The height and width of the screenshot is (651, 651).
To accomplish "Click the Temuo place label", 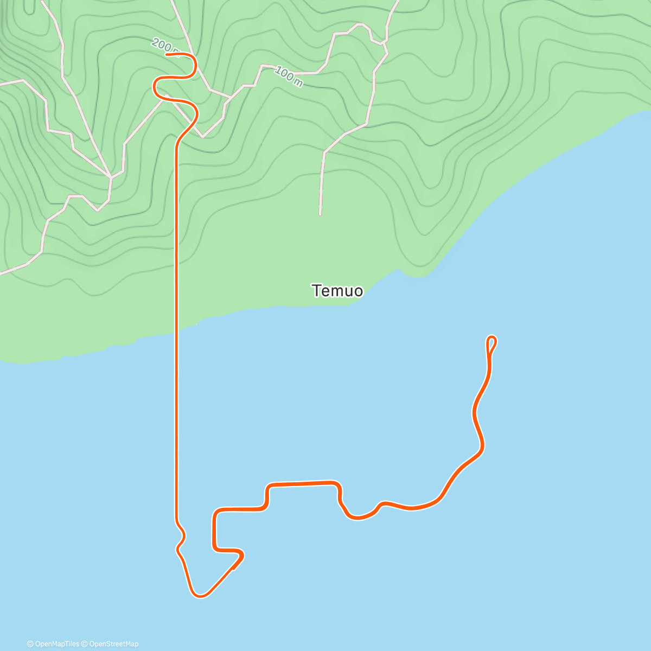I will tap(337, 291).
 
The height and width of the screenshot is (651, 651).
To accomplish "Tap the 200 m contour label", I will tap(163, 46).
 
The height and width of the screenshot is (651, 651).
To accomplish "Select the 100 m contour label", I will tap(289, 76).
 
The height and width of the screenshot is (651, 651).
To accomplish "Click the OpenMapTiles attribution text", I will tap(53, 644).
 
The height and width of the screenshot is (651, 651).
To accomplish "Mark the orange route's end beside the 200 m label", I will tap(167, 54).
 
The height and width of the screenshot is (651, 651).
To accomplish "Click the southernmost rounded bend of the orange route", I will tap(200, 596).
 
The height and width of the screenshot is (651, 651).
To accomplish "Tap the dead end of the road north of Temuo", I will tap(320, 214).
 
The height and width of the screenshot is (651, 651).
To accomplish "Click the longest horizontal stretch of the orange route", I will tap(301, 483).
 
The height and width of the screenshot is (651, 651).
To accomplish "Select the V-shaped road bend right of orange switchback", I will tap(203, 136).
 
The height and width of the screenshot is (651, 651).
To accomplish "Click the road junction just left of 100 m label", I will tap(263, 66).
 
